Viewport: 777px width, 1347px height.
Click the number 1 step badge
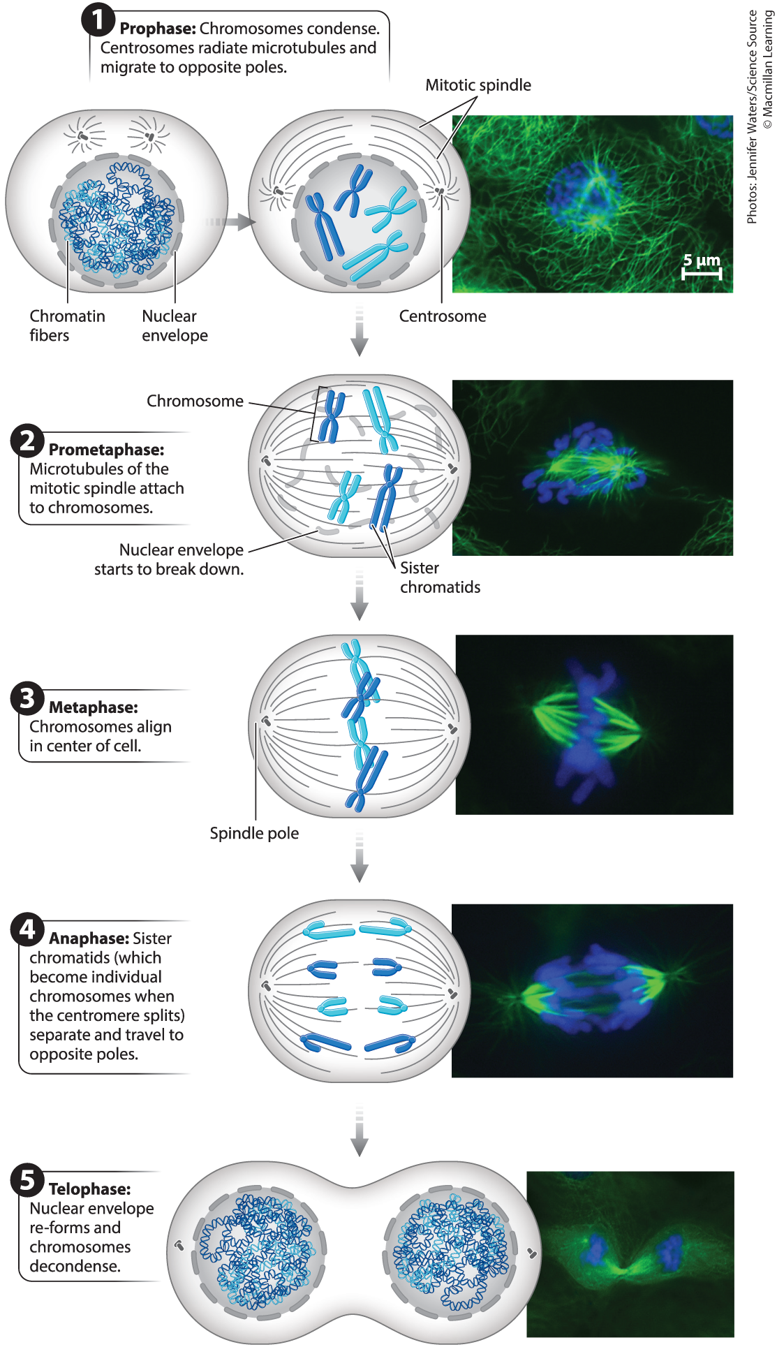pyautogui.click(x=98, y=20)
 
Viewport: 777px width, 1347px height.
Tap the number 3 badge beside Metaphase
pyautogui.click(x=27, y=698)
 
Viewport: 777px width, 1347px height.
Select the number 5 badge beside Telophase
pyautogui.click(x=27, y=1180)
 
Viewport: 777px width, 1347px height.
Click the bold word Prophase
pyautogui.click(x=157, y=29)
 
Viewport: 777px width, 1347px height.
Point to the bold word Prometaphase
pyautogui.click(x=106, y=450)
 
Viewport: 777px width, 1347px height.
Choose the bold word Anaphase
pyautogui.click(x=89, y=939)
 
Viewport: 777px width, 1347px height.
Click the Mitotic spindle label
pyautogui.click(x=478, y=85)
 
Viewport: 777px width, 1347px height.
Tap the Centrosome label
pyautogui.click(x=443, y=316)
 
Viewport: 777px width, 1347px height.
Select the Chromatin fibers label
pyautogui.click(x=67, y=325)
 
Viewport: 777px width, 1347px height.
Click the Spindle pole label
pyautogui.click(x=254, y=833)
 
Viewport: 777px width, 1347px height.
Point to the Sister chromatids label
pyautogui.click(x=440, y=577)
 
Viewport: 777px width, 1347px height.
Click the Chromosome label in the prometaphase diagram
pyautogui.click(x=195, y=402)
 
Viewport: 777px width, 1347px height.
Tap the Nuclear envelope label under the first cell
pyautogui.click(x=175, y=325)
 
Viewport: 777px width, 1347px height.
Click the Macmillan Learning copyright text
pyautogui.click(x=768, y=70)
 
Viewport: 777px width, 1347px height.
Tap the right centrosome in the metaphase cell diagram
pyautogui.click(x=453, y=729)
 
